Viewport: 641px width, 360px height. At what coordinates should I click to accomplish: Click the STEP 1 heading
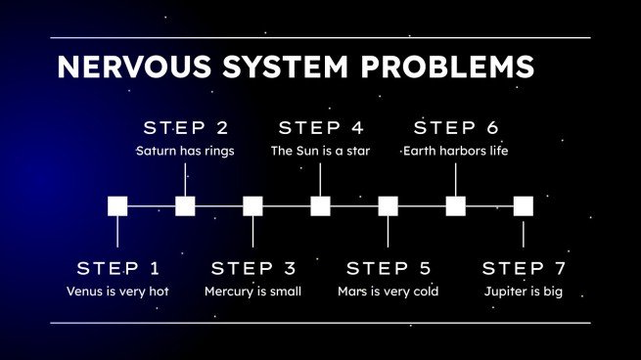tap(117, 268)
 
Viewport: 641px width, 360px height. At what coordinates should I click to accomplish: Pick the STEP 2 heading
tap(185, 128)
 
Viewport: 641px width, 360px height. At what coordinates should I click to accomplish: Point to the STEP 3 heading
tap(252, 268)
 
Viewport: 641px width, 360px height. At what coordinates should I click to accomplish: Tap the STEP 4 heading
tap(320, 128)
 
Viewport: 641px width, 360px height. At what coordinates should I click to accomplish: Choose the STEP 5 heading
tap(389, 268)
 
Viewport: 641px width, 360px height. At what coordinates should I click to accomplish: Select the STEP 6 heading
tap(456, 128)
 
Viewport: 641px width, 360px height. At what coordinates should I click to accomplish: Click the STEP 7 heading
tap(524, 268)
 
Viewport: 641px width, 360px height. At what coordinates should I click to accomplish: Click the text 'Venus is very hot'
tap(117, 292)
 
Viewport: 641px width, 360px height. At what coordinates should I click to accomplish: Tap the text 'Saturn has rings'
tap(185, 151)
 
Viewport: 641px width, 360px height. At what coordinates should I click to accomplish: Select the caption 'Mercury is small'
tap(252, 292)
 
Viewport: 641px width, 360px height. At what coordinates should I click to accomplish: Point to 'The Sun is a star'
tap(320, 151)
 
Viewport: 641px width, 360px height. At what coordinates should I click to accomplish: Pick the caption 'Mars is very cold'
tap(388, 292)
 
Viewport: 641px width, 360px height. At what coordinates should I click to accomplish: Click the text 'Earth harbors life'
tap(456, 151)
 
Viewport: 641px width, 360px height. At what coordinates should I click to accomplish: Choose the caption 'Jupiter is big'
tap(524, 292)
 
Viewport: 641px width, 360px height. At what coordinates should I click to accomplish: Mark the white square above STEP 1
tap(117, 205)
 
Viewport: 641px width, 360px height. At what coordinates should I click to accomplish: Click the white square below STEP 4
tap(320, 205)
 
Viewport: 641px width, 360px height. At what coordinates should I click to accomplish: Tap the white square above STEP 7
tap(524, 205)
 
